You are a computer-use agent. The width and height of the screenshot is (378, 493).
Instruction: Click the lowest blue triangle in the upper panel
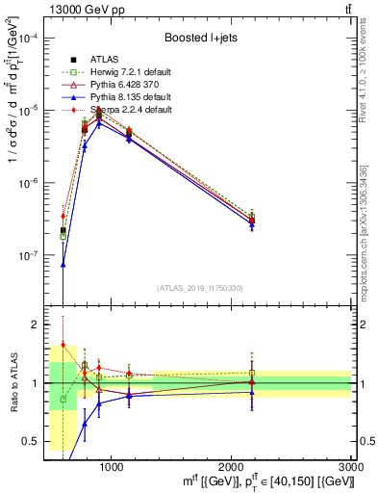pyautogui.click(x=63, y=263)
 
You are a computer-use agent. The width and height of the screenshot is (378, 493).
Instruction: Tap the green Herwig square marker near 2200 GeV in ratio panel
pyautogui.click(x=252, y=373)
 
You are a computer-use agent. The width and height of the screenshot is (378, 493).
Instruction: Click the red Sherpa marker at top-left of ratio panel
pyautogui.click(x=63, y=345)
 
